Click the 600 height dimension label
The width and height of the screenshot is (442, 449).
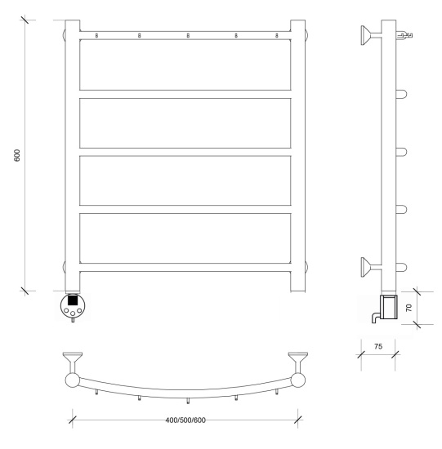17,155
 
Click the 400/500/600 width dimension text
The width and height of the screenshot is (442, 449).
185,420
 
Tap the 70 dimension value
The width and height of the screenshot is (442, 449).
409,308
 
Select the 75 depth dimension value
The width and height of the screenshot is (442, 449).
378,346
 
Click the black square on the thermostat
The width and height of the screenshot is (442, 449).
73,300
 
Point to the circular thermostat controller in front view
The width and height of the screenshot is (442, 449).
73,305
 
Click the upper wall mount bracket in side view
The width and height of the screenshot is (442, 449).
371,35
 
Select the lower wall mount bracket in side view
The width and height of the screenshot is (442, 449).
371,267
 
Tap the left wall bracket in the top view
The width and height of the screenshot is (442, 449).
72,362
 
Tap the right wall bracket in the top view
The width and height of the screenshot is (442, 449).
298,362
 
